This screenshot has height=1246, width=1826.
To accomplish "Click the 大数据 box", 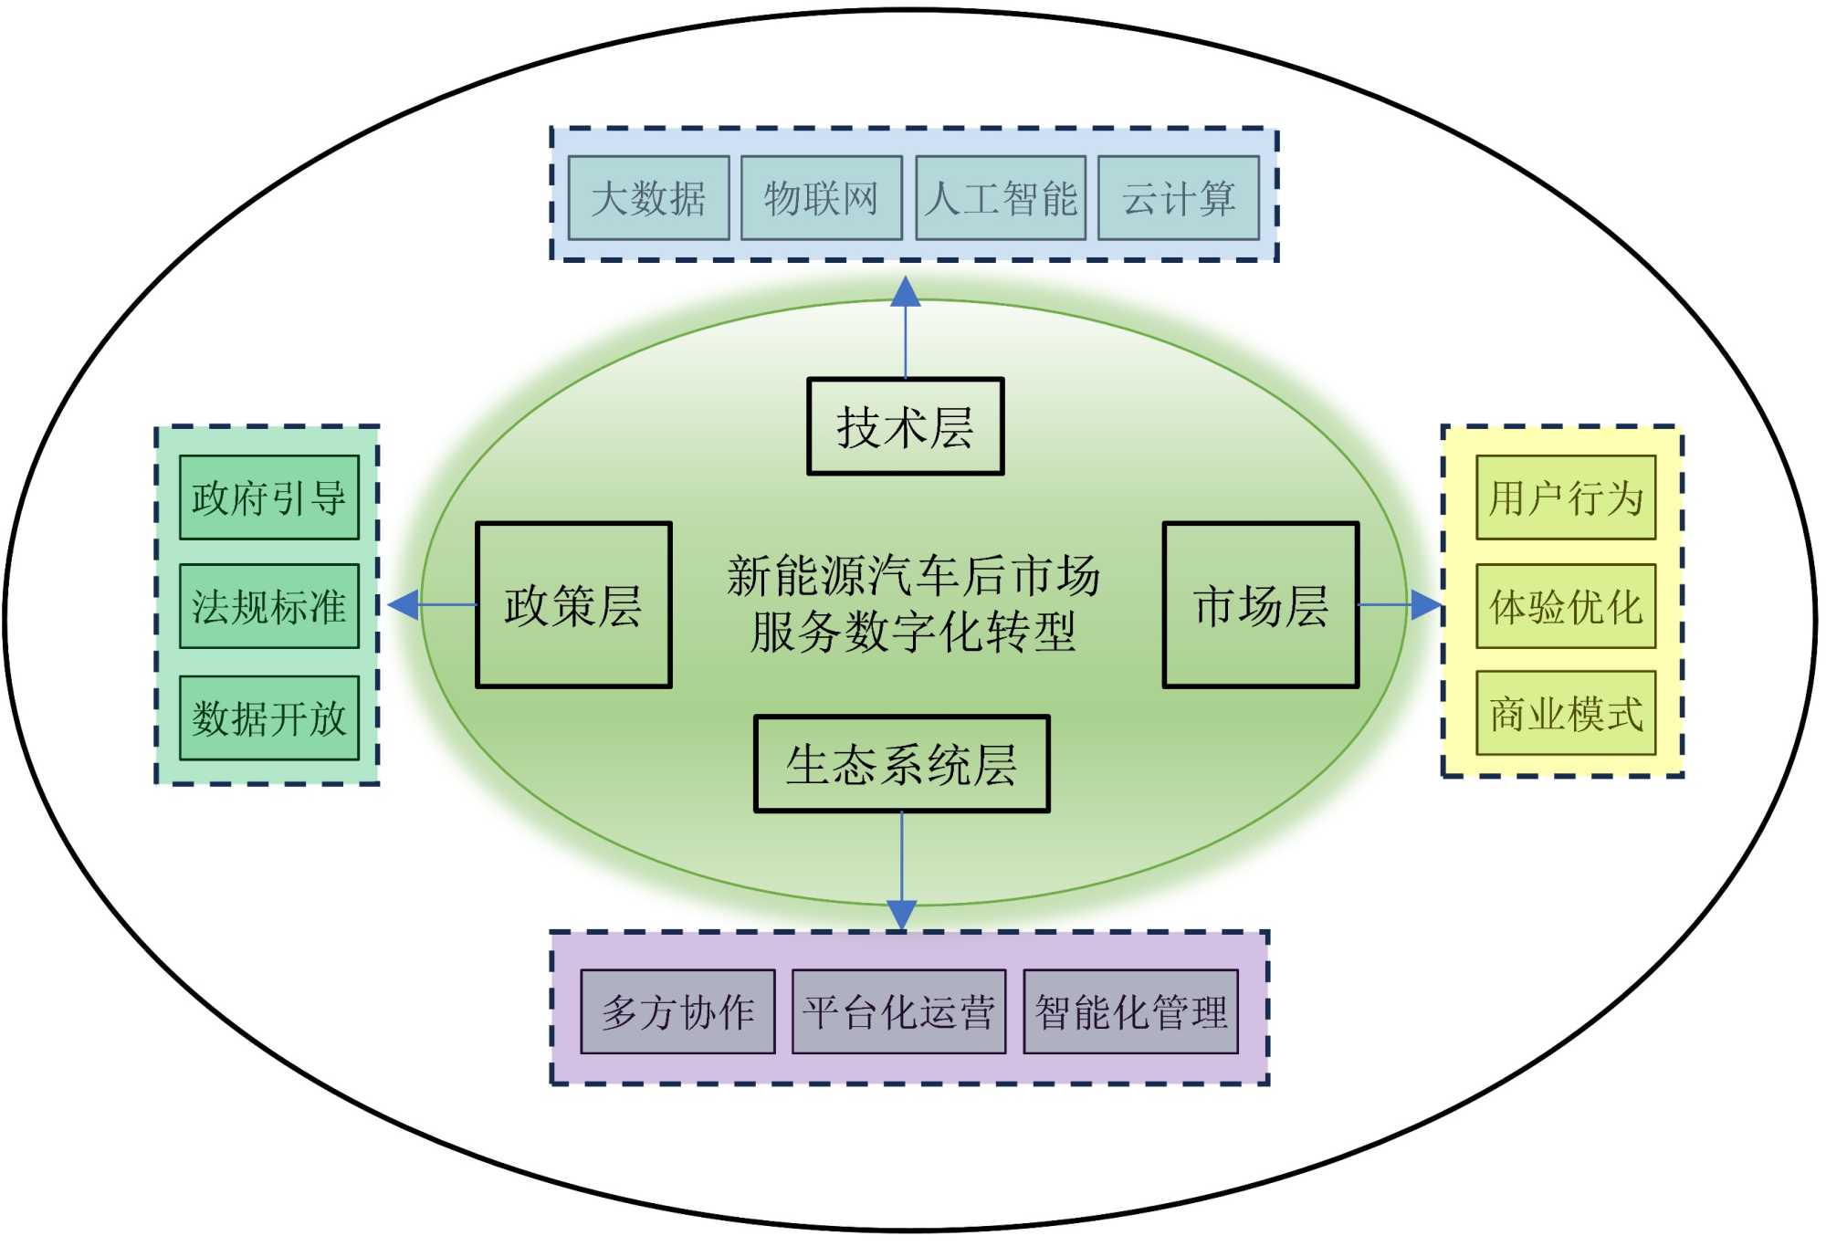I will [x=648, y=198].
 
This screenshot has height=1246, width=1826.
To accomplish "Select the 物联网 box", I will [x=821, y=198].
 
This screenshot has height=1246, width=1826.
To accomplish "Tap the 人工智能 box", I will [x=1001, y=198].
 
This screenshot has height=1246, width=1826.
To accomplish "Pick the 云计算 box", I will [x=1178, y=198].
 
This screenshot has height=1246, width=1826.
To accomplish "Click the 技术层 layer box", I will [x=905, y=426].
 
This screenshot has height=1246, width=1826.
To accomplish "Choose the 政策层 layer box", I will [x=573, y=604].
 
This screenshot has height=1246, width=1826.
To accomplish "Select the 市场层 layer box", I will [x=1260, y=604].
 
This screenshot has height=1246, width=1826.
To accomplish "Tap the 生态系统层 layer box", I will [x=901, y=764].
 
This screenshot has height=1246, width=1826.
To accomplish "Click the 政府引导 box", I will [x=268, y=497].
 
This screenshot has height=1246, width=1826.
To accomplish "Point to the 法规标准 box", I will [x=268, y=606].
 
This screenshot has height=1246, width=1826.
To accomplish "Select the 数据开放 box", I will [x=268, y=717].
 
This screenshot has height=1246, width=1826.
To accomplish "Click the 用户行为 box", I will [x=1565, y=497].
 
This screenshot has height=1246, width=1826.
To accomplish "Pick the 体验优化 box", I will [x=1565, y=606].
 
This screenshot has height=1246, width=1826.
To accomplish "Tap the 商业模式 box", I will [x=1565, y=714].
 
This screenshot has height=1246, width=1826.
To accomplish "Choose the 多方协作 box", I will [x=677, y=1011].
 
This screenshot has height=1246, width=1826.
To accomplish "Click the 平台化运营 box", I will [x=898, y=1011].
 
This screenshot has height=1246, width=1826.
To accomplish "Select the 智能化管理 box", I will [x=1130, y=1011].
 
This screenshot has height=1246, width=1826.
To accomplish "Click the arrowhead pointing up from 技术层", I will [x=905, y=292].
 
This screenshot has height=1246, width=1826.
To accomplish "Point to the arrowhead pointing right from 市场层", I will [x=1426, y=604].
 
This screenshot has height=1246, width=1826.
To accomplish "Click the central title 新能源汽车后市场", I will [x=913, y=575].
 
